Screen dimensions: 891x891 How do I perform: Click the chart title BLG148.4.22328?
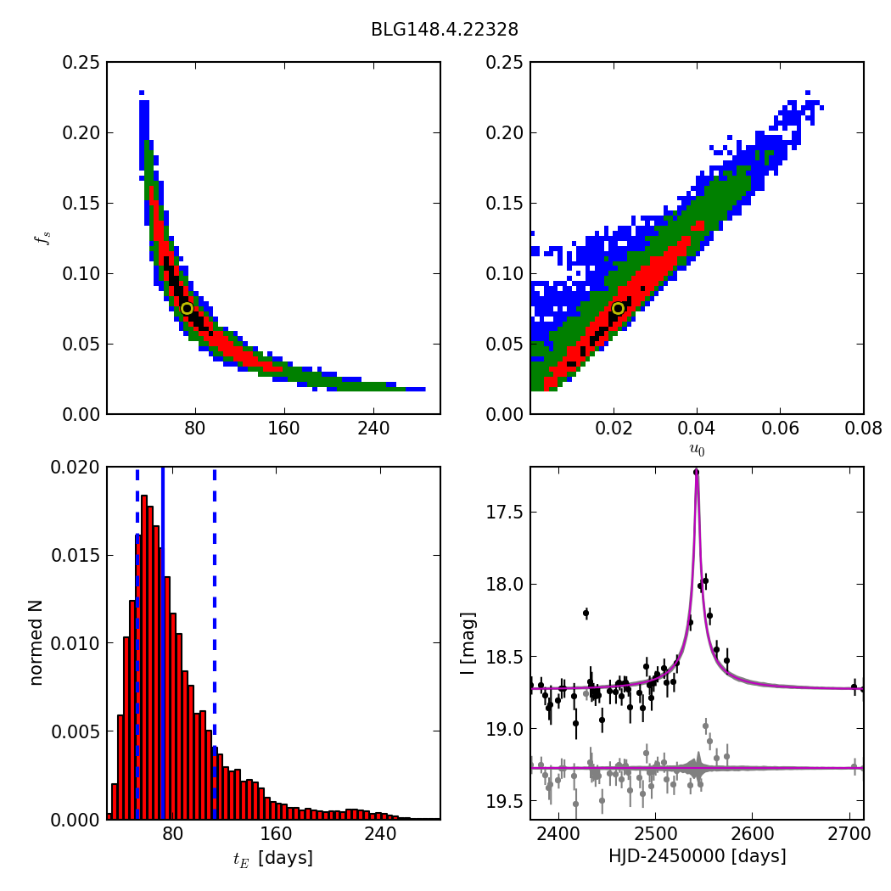[445, 30]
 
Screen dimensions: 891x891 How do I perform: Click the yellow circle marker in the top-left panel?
[187, 308]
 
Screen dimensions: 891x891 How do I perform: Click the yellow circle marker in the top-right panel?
[618, 308]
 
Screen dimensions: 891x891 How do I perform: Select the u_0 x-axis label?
[697, 449]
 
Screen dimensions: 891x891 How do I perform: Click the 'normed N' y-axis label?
[36, 642]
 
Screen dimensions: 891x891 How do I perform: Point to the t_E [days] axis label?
[273, 858]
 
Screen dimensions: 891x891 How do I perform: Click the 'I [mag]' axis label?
[468, 642]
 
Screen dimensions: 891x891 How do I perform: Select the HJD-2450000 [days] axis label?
[697, 856]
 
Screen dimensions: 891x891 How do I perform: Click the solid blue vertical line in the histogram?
[163, 642]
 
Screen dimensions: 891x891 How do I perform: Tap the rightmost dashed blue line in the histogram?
[214, 642]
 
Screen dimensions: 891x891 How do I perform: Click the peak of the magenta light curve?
[696, 472]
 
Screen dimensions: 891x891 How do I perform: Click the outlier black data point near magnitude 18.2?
[586, 613]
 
